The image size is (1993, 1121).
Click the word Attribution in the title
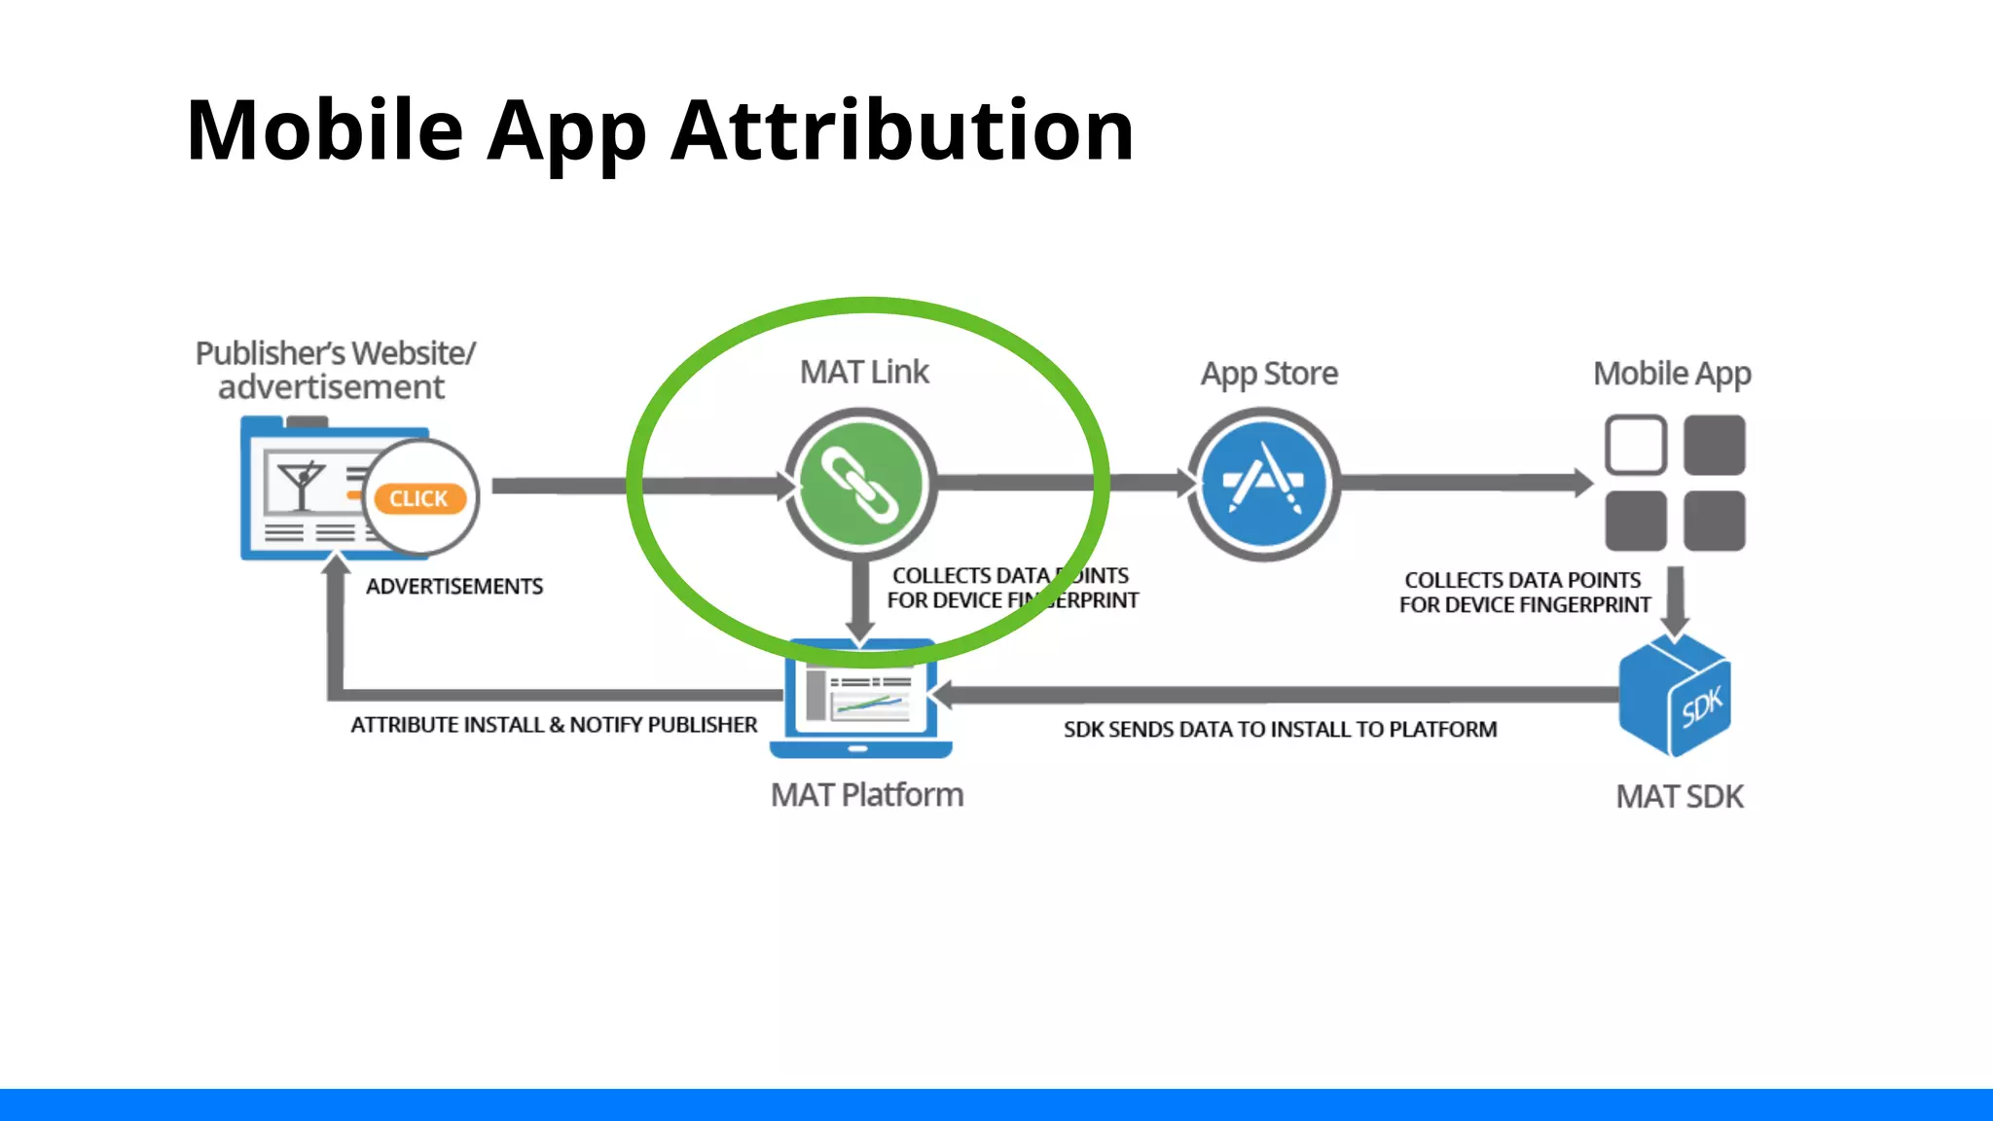(902, 130)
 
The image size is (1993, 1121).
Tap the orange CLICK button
(419, 498)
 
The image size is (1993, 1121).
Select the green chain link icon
(860, 484)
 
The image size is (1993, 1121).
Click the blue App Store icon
(1264, 484)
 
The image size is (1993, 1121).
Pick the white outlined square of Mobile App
(1636, 445)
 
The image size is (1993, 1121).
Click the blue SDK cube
(1674, 696)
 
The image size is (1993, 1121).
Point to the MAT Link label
(864, 372)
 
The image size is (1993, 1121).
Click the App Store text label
(1269, 374)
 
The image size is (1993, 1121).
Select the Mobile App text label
(1672, 374)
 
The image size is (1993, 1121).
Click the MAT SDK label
(1680, 797)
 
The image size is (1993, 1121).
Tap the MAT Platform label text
(867, 795)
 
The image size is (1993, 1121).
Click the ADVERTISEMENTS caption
(454, 587)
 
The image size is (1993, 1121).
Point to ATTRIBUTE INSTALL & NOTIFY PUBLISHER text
(554, 725)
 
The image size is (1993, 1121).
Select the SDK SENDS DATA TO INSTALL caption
(1280, 730)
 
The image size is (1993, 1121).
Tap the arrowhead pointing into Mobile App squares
(1583, 483)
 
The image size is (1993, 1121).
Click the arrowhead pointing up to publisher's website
(336, 564)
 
